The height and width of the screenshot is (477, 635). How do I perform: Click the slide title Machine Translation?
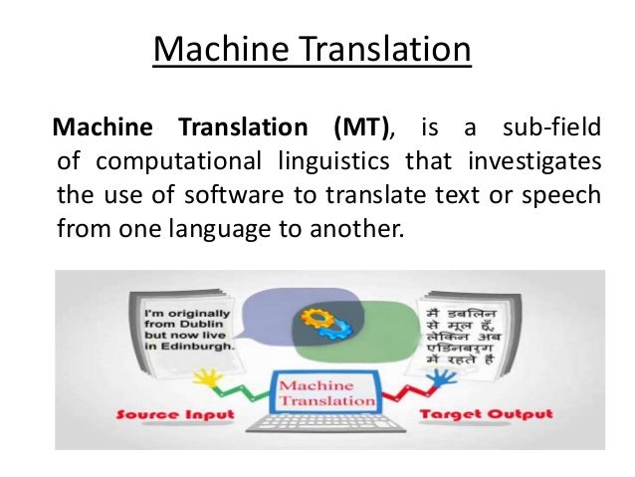(x=312, y=49)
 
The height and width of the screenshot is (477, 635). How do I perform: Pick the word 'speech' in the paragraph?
(x=564, y=194)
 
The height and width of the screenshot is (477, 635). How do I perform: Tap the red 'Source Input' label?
(x=175, y=413)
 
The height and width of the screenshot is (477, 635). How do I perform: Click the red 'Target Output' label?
(x=472, y=413)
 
